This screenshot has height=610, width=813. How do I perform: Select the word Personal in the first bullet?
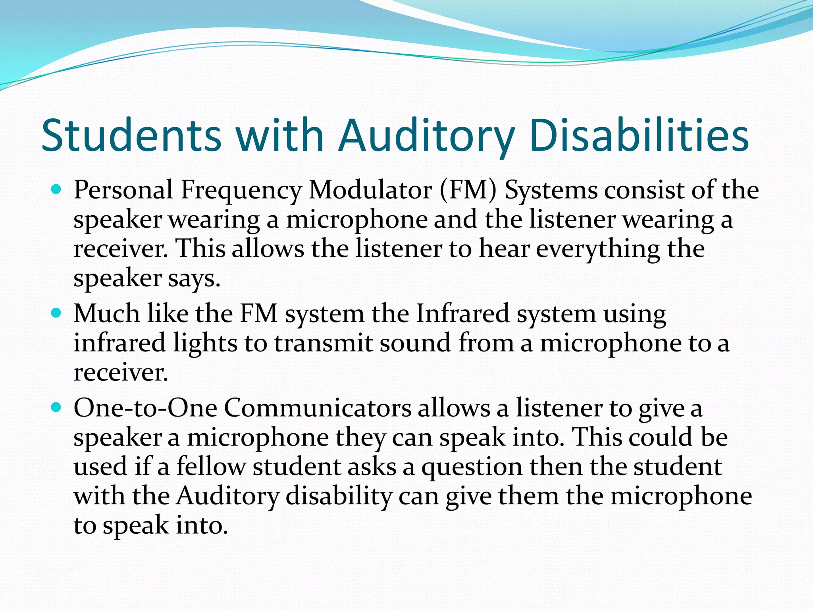coord(123,190)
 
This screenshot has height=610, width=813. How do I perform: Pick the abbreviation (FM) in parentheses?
coord(468,190)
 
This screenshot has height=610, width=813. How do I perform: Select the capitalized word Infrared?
coord(462,313)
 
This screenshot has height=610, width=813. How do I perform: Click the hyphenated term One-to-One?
coord(145,408)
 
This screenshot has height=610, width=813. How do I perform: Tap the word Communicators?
coord(318,408)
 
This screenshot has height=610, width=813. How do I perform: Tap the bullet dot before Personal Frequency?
coord(57,189)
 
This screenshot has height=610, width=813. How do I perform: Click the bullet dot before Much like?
coord(57,313)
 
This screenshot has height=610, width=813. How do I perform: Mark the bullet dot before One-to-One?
coord(57,407)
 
